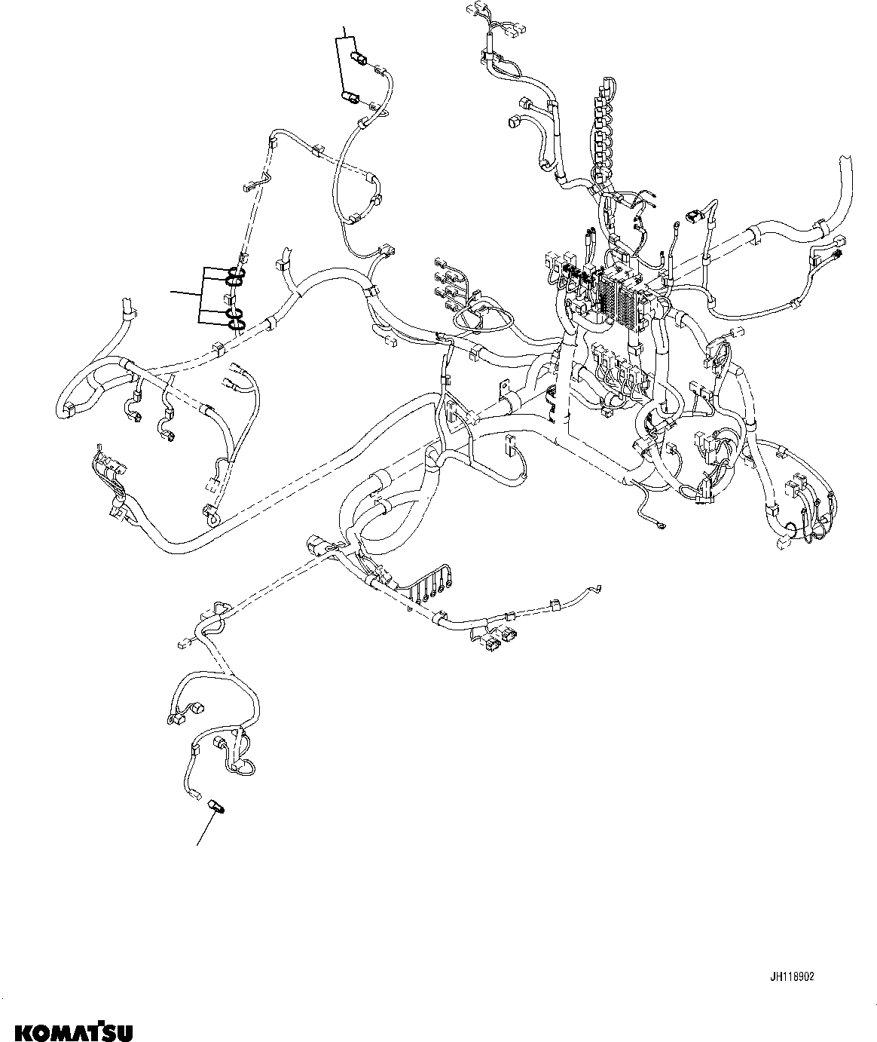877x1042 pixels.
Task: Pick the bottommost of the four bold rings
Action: [237, 325]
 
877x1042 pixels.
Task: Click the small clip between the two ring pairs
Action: [236, 298]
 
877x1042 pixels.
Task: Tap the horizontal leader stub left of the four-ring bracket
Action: [184, 291]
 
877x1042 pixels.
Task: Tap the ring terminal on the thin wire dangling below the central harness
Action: [661, 526]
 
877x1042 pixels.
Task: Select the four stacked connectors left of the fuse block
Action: [445, 284]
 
